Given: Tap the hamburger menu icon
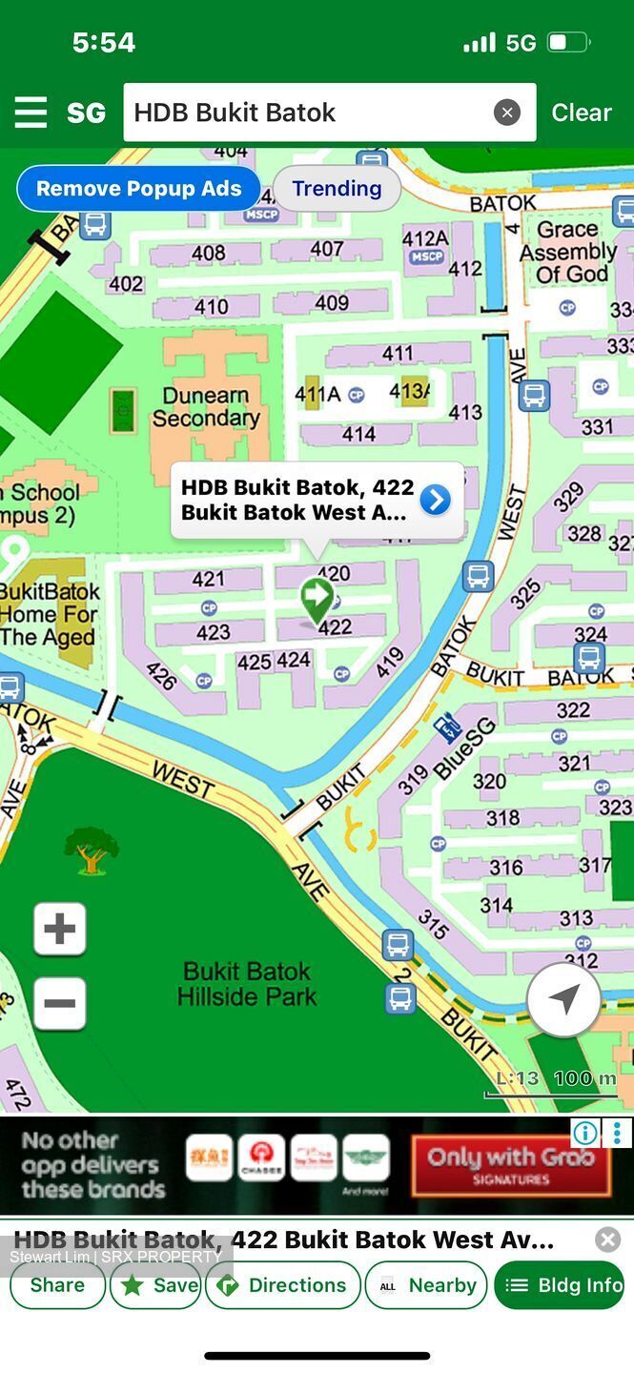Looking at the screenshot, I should click(31, 113).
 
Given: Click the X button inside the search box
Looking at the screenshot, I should click(507, 113).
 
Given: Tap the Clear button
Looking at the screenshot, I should click(581, 113).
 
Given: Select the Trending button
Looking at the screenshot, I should click(337, 189).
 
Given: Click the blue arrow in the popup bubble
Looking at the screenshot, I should click(435, 500).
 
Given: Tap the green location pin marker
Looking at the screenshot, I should click(317, 599).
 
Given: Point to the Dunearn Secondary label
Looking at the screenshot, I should click(206, 407).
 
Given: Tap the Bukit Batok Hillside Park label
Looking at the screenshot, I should click(247, 984).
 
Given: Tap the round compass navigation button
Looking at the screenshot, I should click(563, 999).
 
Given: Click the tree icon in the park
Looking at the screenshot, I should click(91, 850).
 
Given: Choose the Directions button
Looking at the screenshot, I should click(283, 1285).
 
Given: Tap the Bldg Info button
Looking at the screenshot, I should click(560, 1285).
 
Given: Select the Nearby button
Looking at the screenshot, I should click(426, 1285).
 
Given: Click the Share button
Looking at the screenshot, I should click(57, 1285).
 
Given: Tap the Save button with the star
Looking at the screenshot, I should click(155, 1285).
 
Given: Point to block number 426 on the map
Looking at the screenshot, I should click(163, 675).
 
